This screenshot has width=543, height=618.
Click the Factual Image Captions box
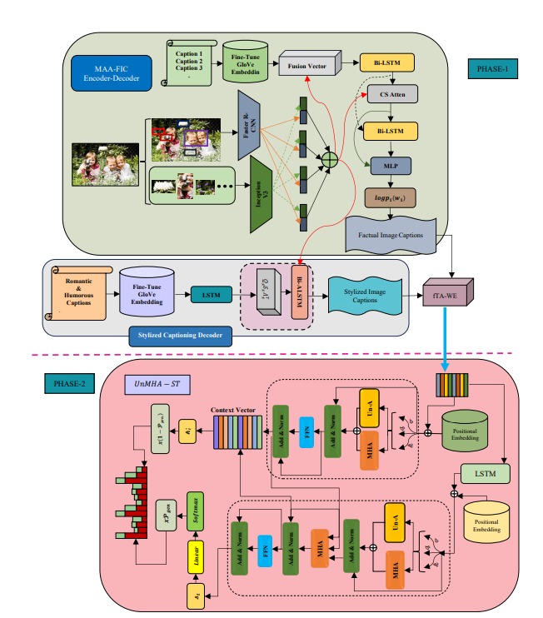coord(391,235)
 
